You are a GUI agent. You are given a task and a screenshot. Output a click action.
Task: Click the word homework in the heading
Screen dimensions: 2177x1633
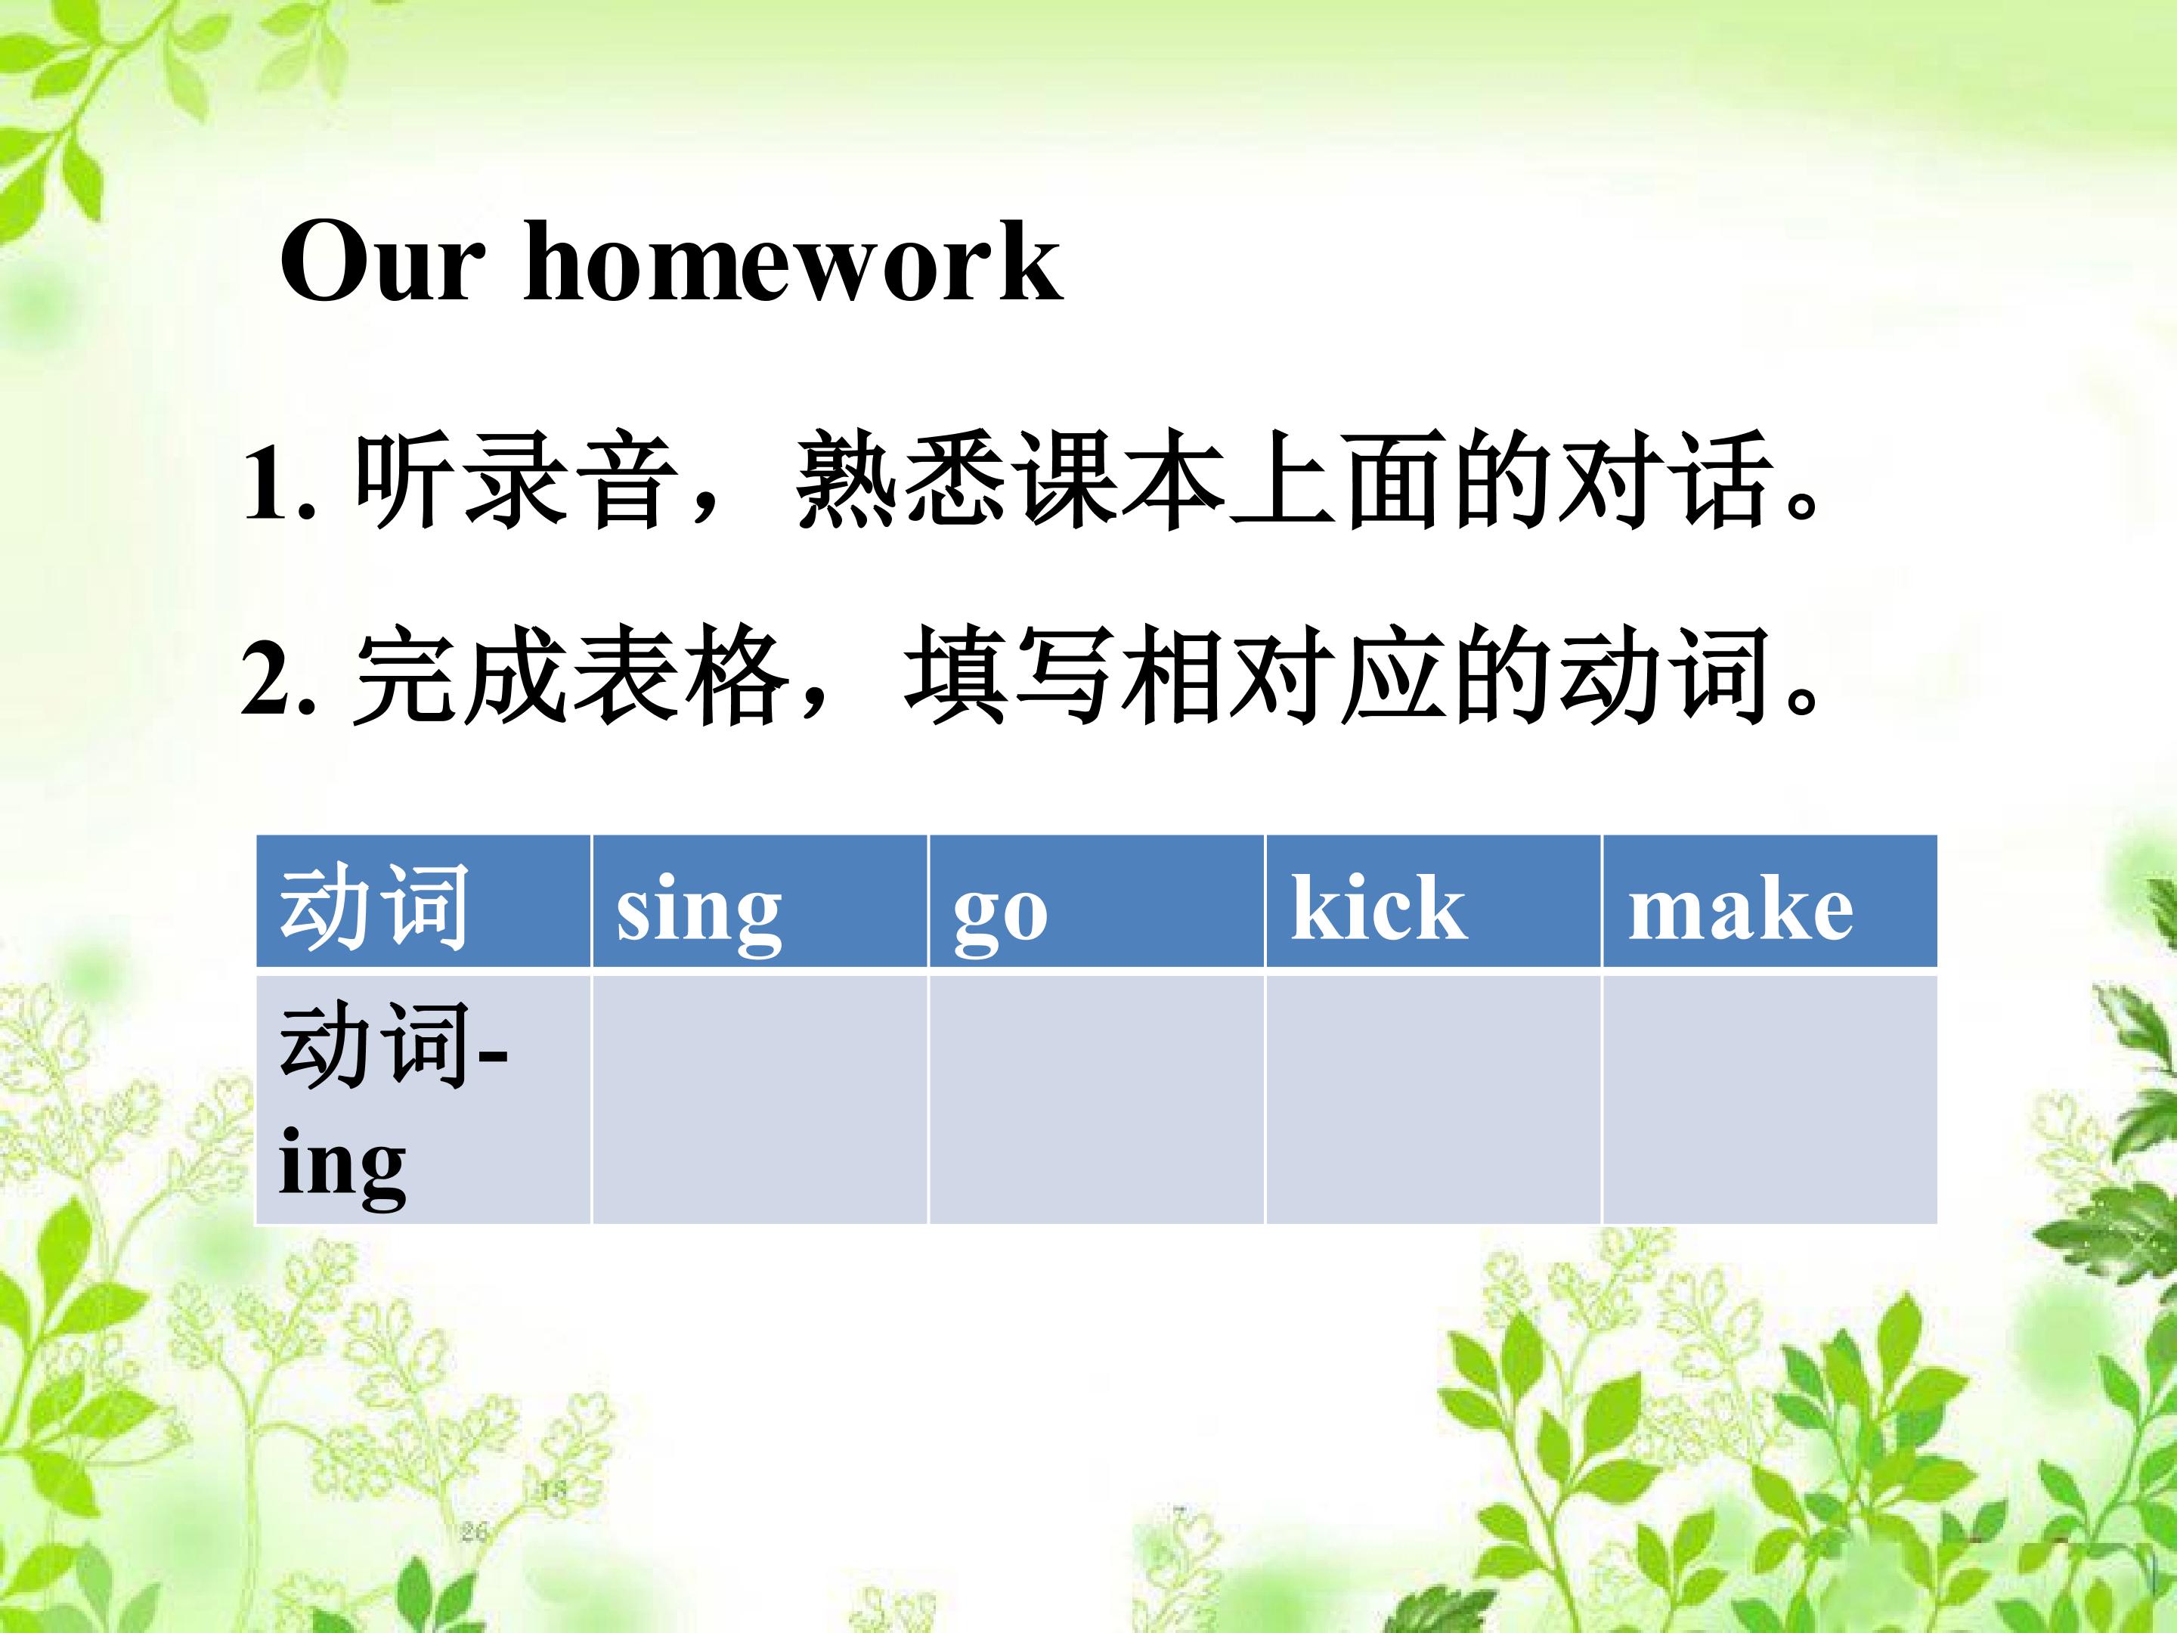793,260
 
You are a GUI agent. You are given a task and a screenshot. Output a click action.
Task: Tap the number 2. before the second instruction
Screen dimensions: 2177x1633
280,677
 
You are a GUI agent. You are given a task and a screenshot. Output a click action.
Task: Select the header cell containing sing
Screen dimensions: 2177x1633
760,900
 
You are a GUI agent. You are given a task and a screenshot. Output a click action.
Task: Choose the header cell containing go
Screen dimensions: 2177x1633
1096,900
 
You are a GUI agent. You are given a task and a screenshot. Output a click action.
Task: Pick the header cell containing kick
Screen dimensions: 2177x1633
1433,900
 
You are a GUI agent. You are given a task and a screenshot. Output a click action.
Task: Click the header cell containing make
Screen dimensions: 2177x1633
1770,900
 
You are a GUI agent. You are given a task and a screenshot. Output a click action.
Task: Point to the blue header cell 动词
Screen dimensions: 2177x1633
423,900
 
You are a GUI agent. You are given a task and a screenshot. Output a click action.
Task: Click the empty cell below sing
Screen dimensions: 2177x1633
760,1099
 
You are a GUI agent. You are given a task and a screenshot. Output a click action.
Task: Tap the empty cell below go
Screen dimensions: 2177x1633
1096,1099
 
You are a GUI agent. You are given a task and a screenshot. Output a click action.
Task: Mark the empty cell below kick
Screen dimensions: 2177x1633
1433,1099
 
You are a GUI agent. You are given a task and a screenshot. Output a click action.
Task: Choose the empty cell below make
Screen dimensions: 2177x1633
1770,1099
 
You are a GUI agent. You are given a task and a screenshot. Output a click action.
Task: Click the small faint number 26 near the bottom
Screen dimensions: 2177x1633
475,1532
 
